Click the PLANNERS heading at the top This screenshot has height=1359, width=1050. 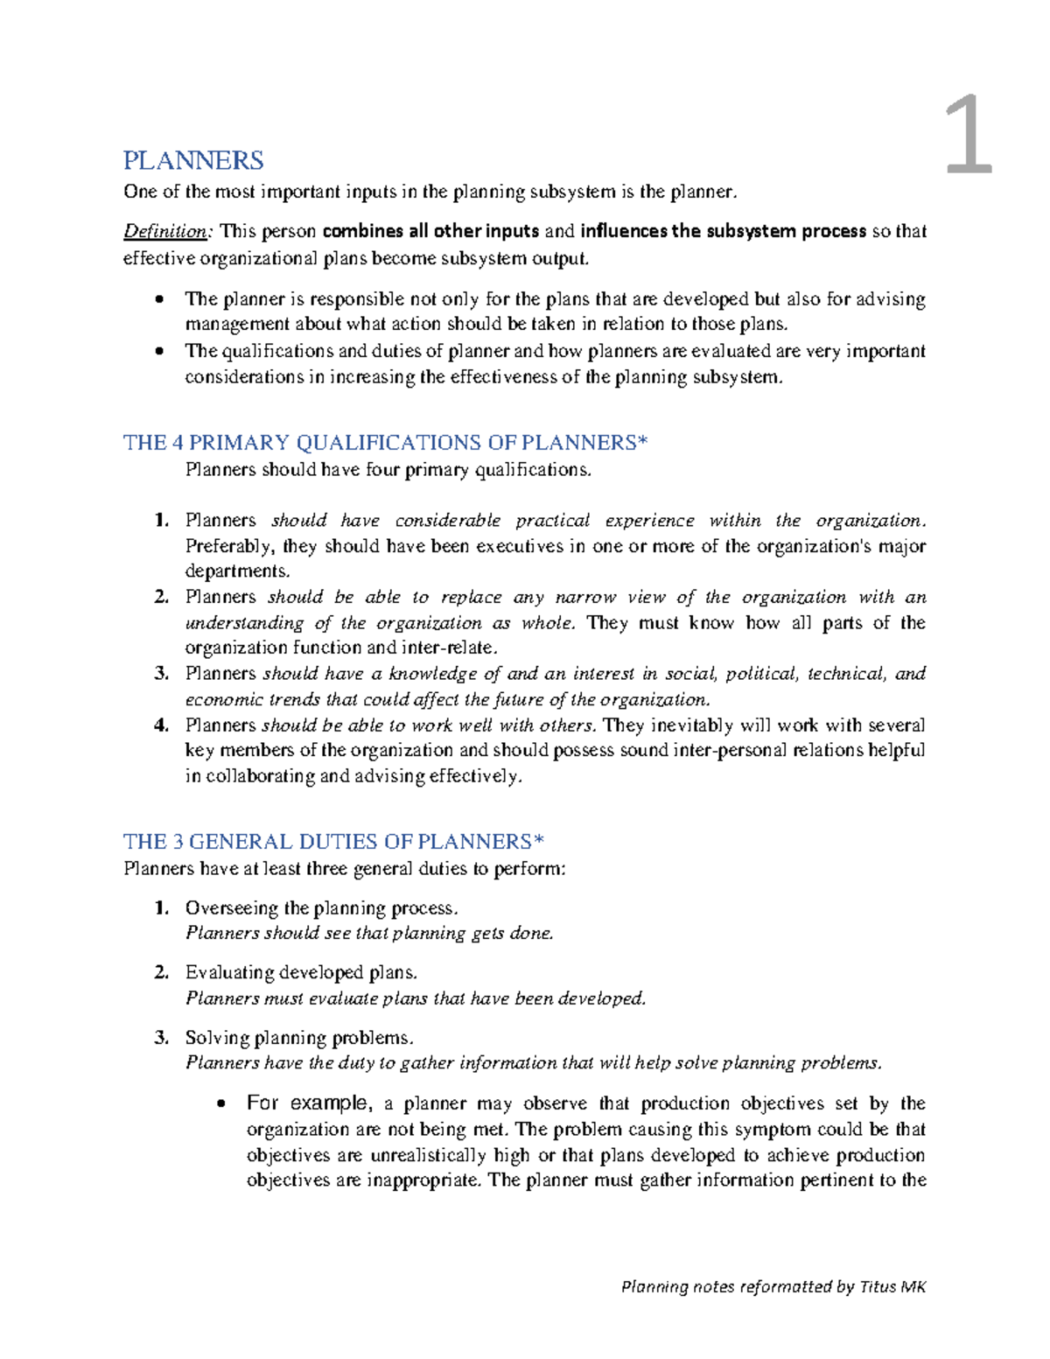[x=193, y=161]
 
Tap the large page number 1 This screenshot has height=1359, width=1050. [x=969, y=137]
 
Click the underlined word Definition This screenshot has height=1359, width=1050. [x=165, y=232]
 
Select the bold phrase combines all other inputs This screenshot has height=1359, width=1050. [x=430, y=232]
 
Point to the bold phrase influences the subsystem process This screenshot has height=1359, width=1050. [x=723, y=232]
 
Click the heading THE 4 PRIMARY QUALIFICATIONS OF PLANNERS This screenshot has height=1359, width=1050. [x=385, y=443]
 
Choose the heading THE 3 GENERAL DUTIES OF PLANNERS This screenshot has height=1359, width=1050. [x=333, y=842]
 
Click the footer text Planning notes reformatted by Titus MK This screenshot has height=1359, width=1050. [x=773, y=1286]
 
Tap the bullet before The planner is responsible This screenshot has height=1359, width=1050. [x=158, y=300]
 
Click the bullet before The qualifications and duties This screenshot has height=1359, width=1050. [x=158, y=352]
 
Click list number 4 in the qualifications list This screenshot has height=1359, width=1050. [x=161, y=725]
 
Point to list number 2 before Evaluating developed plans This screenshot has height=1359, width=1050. [x=161, y=973]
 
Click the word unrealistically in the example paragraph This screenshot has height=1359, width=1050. [x=429, y=1155]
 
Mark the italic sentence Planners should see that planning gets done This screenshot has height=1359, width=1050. [x=369, y=934]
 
